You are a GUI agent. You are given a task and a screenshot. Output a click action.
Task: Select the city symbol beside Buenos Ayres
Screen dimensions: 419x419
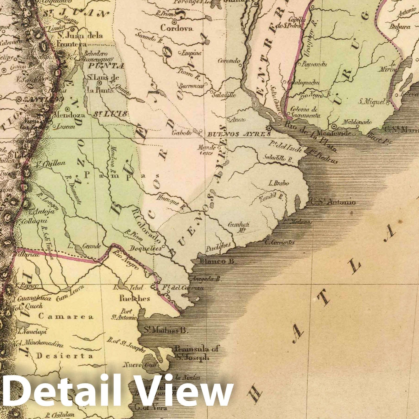coord(268,128)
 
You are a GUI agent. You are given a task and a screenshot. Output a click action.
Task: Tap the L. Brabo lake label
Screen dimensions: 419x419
coord(278,183)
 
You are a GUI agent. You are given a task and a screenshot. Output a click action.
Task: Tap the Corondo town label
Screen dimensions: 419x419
coord(229,61)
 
